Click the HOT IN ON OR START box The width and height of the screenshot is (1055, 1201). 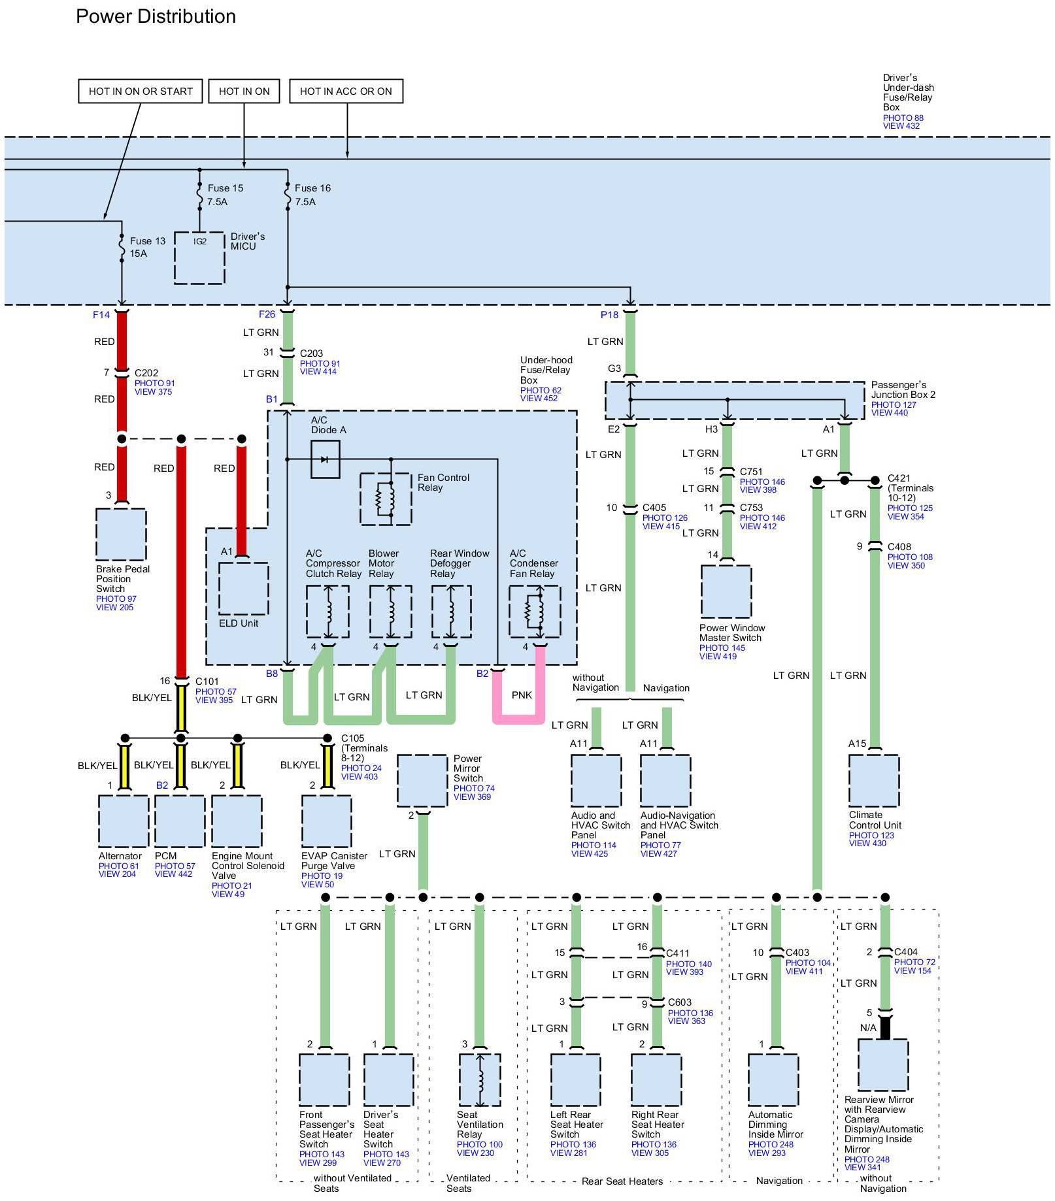point(141,91)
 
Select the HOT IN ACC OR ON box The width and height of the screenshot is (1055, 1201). point(346,91)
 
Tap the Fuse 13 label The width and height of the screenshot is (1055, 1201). point(148,241)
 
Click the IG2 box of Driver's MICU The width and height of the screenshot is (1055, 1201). point(199,257)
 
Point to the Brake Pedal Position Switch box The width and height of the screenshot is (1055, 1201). point(121,535)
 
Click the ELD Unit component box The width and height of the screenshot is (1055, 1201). point(243,588)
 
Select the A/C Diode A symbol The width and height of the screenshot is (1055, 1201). point(326,459)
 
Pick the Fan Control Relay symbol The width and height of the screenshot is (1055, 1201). point(386,499)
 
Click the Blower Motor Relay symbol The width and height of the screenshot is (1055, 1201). point(390,612)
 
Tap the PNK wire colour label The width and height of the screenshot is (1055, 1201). point(522,695)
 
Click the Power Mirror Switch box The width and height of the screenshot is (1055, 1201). point(422,781)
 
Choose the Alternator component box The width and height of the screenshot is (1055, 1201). point(124,821)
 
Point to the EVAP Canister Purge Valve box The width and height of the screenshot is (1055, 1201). point(327,821)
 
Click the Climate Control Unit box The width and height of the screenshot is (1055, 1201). point(874,781)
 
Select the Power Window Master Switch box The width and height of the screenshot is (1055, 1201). point(726,591)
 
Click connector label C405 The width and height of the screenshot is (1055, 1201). point(654,508)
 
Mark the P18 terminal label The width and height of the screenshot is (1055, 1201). point(609,315)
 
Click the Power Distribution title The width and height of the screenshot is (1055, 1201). point(156,17)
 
